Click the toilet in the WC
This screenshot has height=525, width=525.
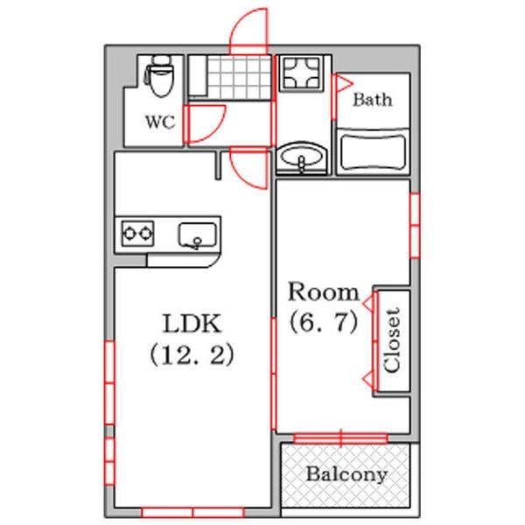[159, 76]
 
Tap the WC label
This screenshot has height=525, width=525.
[160, 122]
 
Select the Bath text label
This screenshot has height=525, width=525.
[373, 100]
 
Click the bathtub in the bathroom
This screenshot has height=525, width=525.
[373, 152]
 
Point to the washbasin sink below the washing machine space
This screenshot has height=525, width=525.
[302, 157]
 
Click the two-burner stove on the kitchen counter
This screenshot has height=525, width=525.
[137, 234]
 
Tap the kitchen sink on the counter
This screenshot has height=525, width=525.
[197, 235]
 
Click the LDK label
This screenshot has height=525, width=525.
[192, 324]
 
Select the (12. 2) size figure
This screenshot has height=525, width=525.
[192, 355]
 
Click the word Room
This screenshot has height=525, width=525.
[324, 291]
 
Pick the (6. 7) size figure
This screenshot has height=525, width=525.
[324, 323]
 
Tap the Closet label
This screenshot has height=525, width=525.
[392, 340]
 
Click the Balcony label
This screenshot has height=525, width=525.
[346, 475]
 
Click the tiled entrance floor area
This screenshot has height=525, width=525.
[239, 77]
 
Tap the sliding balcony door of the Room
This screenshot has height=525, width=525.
[340, 438]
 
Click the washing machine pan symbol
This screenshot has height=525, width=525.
[301, 73]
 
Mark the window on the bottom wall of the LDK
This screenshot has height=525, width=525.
[192, 513]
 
